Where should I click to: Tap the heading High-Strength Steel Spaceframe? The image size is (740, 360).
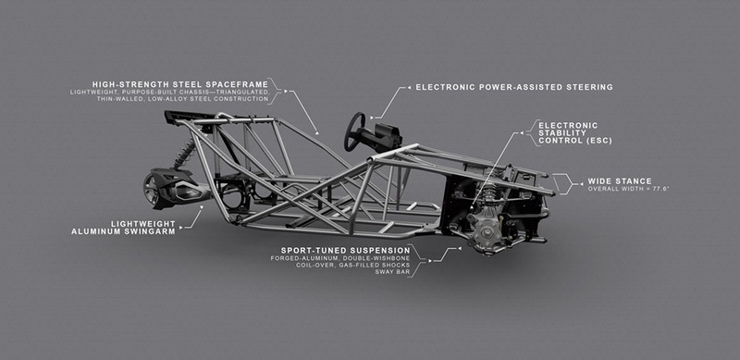pos(180,84)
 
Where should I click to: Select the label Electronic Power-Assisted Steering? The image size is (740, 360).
pos(514,87)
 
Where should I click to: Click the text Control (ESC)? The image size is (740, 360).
pos(575,141)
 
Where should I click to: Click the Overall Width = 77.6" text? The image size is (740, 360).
pos(629,189)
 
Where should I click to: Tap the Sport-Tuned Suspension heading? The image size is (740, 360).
pos(345,250)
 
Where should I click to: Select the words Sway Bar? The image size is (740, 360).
pos(392,272)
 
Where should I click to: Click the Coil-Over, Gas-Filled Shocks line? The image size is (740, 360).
pos(353,265)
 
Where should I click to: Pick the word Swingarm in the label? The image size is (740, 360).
pos(153,231)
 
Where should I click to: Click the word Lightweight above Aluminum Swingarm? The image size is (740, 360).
pos(143,223)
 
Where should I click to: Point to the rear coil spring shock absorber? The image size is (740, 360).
pos(184,155)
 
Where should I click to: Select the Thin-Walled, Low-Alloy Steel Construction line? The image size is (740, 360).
pos(182,99)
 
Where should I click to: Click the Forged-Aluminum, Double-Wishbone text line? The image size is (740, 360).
pos(340,258)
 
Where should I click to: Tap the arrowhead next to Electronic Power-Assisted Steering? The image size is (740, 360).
pos(409,87)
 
